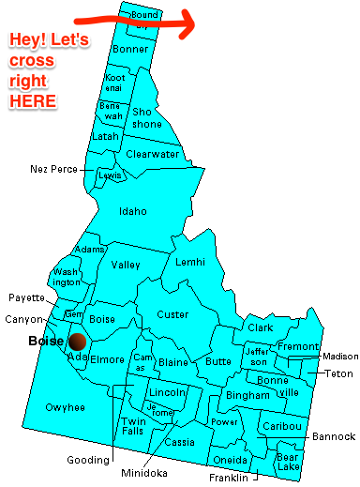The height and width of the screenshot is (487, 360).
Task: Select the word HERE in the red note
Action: (32, 99)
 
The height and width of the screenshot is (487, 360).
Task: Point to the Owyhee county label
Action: (65, 407)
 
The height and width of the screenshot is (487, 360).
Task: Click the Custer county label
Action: (172, 314)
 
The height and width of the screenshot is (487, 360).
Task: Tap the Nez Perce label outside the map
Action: (52, 169)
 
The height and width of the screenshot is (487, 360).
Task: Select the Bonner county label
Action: (130, 49)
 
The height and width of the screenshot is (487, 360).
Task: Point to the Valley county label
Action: (126, 266)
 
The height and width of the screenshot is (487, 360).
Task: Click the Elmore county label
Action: (108, 358)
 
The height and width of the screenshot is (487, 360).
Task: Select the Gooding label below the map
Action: (88, 461)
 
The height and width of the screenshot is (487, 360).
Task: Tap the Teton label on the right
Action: (339, 373)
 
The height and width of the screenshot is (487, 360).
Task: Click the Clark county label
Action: (261, 327)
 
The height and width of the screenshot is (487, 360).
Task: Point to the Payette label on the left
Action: (27, 297)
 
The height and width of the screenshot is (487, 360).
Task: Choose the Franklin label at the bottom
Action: (230, 478)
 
